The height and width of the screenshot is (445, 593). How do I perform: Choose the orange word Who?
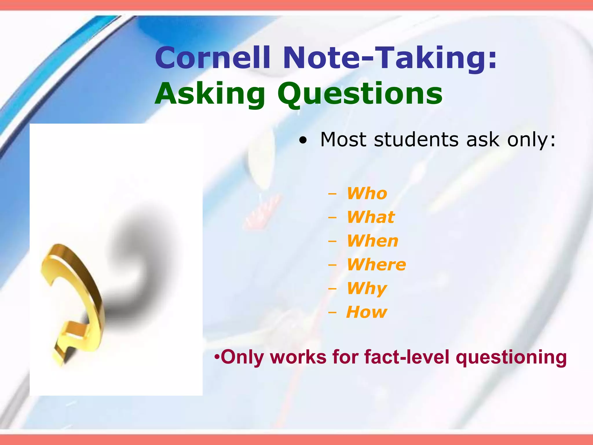pyautogui.click(x=367, y=193)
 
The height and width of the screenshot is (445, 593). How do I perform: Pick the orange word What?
pyautogui.click(x=371, y=217)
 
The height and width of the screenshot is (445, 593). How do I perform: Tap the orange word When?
pyautogui.click(x=373, y=241)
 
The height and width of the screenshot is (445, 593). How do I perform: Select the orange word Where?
pyautogui.click(x=376, y=265)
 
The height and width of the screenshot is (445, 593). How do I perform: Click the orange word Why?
pyautogui.click(x=367, y=288)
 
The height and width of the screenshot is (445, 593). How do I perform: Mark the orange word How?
pyautogui.click(x=367, y=312)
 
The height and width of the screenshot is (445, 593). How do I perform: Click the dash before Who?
pyautogui.click(x=332, y=194)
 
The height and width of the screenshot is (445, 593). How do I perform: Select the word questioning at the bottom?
pyautogui.click(x=511, y=358)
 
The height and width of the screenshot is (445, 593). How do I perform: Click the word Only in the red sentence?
pyautogui.click(x=241, y=357)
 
